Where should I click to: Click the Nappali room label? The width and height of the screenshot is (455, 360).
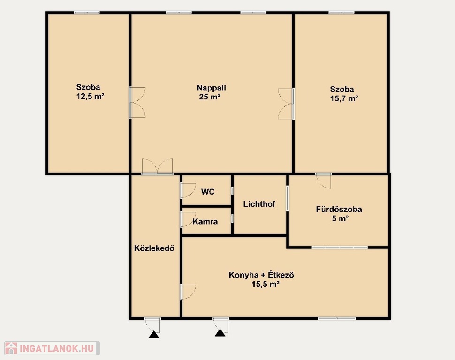(211, 88)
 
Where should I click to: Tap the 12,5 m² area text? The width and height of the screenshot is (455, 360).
(90, 96)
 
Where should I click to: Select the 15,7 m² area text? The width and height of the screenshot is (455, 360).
(344, 98)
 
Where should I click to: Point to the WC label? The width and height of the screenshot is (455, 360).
(208, 192)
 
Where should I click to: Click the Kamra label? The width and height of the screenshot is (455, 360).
(205, 222)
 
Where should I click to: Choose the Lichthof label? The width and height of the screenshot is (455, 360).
(259, 204)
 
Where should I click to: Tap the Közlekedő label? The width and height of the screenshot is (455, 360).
(154, 248)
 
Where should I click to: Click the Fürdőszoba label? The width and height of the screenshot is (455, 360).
(339, 209)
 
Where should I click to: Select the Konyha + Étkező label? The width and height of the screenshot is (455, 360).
(261, 275)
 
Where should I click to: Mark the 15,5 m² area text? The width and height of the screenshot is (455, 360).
(265, 284)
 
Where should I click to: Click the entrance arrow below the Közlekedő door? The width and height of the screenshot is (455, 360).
(154, 335)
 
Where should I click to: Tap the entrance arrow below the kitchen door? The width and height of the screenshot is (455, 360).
(220, 333)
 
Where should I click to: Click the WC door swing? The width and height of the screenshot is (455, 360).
(188, 190)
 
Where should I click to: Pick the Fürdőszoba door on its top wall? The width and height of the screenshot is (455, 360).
(324, 180)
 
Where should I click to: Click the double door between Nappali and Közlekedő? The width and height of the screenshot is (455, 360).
(157, 166)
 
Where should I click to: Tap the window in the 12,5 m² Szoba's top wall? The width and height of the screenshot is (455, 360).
(87, 13)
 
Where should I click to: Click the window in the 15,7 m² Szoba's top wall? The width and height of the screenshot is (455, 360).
(341, 13)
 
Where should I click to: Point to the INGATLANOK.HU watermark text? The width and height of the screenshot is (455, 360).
(57, 348)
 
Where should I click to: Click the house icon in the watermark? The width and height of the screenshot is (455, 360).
(11, 348)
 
